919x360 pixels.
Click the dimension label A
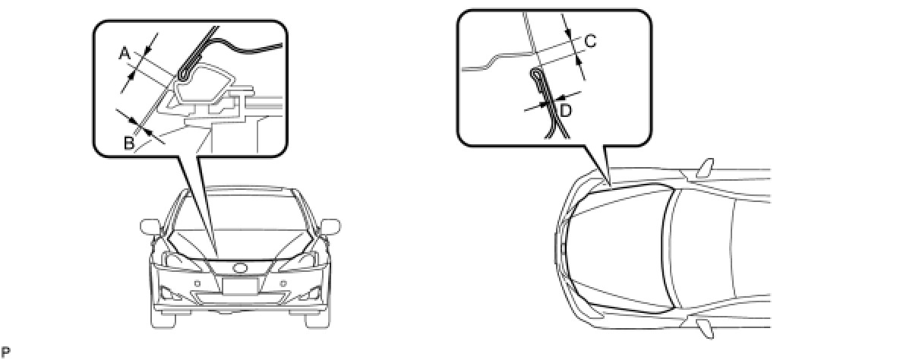point(125,54)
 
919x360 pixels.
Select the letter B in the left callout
point(129,144)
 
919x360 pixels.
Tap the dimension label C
point(590,41)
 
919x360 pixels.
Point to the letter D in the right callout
point(566,111)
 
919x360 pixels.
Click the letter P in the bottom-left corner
point(5,352)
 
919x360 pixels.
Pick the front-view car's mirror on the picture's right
point(330,226)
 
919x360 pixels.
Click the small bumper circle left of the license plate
point(197,283)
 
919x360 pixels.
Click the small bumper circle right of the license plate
point(283,283)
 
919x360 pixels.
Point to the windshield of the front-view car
point(240,210)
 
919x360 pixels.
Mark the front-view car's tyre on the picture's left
point(163,320)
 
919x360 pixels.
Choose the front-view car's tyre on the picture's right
point(317,320)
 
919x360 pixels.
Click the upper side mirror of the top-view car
point(706,168)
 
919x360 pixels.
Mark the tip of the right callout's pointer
point(611,185)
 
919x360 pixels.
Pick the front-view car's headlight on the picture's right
point(298,260)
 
